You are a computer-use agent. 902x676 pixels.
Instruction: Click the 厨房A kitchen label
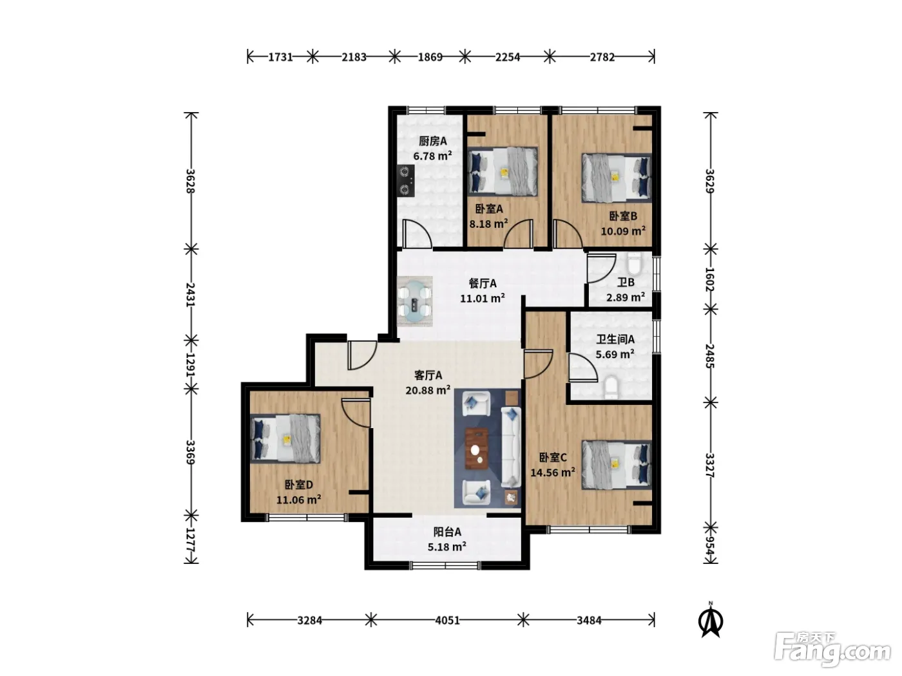(432, 141)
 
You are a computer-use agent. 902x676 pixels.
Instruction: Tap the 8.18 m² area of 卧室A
(488, 223)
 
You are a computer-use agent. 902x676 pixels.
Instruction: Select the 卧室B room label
(623, 216)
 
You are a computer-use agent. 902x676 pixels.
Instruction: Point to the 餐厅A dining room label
(483, 283)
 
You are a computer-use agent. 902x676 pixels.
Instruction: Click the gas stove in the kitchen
(406, 181)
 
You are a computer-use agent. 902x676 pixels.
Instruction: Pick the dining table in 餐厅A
(415, 301)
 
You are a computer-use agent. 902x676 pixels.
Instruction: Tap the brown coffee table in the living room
(477, 448)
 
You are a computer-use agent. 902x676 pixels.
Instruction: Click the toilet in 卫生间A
(611, 387)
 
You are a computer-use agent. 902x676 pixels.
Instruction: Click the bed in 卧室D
(285, 438)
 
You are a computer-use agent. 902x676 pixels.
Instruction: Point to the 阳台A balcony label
(447, 532)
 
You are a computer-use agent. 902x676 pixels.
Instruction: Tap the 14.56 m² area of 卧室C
(553, 473)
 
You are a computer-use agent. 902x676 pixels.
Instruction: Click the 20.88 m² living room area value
(428, 390)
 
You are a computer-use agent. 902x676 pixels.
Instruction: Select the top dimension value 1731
(281, 57)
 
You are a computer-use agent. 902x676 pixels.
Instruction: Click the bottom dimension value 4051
(448, 620)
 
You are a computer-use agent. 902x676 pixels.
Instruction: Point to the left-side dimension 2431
(190, 295)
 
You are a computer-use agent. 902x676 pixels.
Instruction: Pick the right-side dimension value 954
(710, 545)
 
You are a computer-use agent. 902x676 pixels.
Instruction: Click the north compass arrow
(711, 621)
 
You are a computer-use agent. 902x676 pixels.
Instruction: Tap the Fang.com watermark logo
(832, 649)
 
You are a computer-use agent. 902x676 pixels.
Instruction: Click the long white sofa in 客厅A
(511, 447)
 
